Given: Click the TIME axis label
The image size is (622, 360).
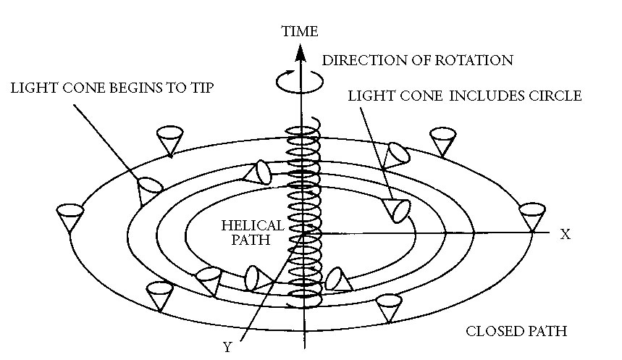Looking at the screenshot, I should [x=300, y=31].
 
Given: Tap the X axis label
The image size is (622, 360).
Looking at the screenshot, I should [x=566, y=234].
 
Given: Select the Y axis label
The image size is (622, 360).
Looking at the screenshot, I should [x=227, y=346].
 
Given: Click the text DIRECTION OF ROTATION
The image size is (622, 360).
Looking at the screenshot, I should [x=417, y=60].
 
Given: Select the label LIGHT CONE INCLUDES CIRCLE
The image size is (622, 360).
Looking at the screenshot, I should [x=465, y=96].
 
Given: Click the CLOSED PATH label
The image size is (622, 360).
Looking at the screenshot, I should [x=516, y=332].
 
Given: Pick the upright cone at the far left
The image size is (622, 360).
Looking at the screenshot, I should [x=71, y=217].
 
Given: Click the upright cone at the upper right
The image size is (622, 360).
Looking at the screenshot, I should [x=442, y=141].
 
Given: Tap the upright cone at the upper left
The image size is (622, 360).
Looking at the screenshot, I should [x=170, y=140].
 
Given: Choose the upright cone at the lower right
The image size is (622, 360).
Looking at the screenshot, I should [x=390, y=306].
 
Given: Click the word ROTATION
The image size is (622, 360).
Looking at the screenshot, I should [x=477, y=60].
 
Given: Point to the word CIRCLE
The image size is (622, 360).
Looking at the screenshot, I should [x=557, y=96].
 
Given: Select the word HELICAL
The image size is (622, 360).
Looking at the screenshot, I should [x=245, y=227].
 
